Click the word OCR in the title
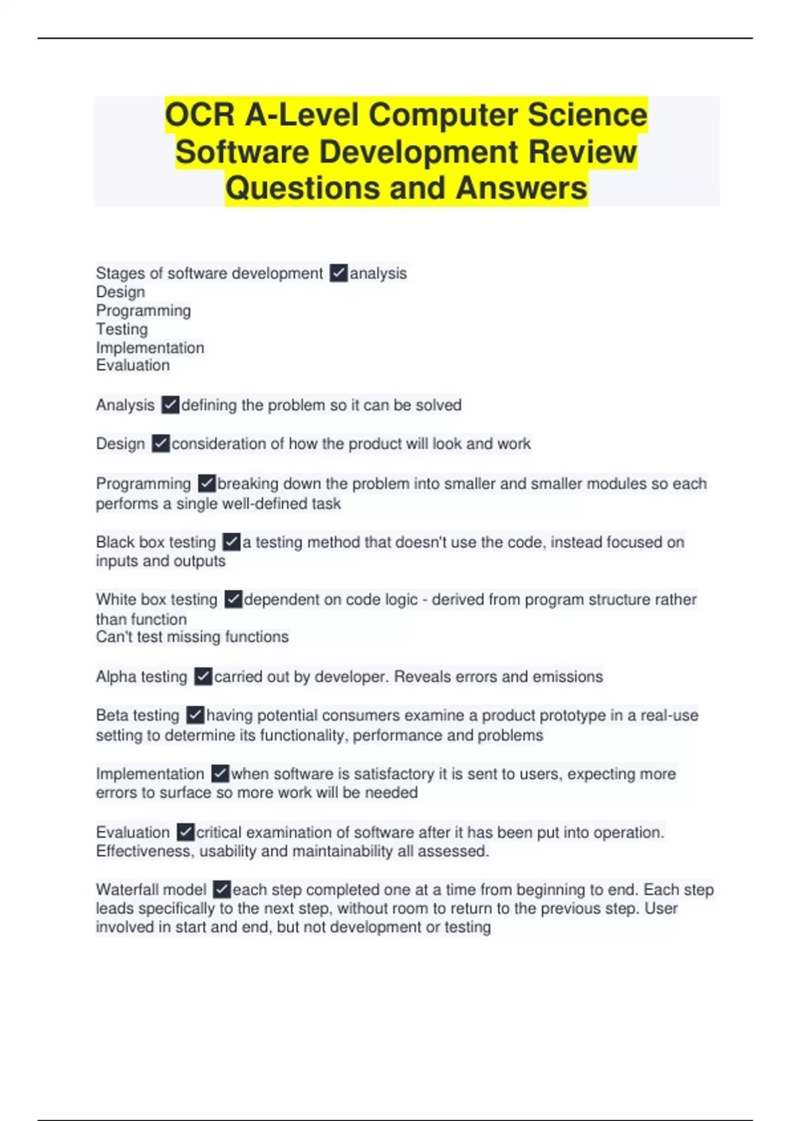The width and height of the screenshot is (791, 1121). click(x=200, y=115)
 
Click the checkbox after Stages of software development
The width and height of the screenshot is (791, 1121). click(x=338, y=273)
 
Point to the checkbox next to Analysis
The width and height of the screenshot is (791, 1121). click(x=170, y=405)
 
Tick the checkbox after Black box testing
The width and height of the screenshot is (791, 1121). click(x=231, y=542)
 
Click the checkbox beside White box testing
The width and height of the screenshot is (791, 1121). click(x=233, y=599)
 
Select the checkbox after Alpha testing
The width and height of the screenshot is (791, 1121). click(x=203, y=677)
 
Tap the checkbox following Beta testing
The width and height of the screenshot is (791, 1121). click(x=195, y=715)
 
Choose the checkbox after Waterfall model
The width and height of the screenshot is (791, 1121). click(x=222, y=890)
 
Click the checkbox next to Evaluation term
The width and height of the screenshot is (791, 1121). click(x=185, y=832)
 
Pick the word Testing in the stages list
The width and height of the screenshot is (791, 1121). click(x=122, y=329)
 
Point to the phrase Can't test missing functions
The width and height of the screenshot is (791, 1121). click(x=192, y=637)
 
